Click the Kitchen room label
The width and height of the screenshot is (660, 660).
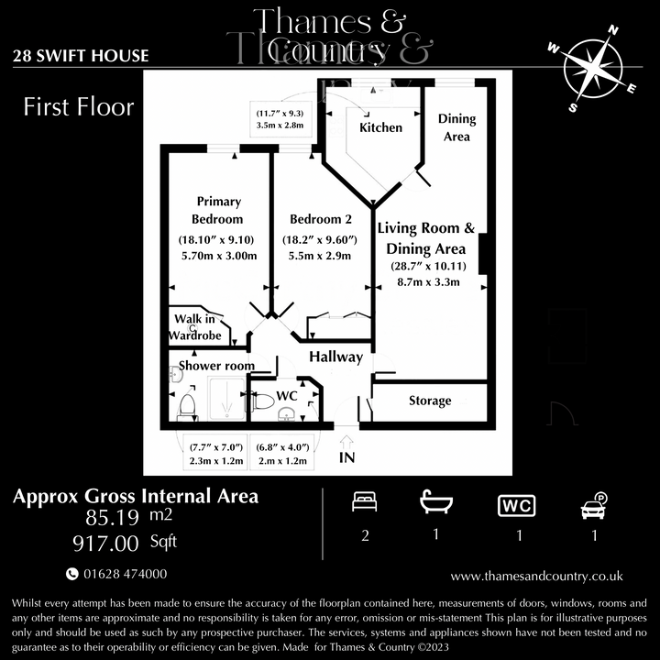tap(380, 127)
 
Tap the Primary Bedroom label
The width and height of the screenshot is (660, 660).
tap(217, 210)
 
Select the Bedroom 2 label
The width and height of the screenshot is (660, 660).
tap(321, 219)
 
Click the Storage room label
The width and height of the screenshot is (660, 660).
tap(430, 401)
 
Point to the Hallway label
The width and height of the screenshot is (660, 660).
tap(335, 357)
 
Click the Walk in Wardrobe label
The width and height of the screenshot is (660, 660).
tap(195, 327)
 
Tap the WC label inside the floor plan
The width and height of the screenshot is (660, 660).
tap(287, 395)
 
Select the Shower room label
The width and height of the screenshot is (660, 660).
tap(216, 366)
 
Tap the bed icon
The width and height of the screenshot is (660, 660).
tap(365, 503)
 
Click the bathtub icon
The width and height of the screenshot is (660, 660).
tap(435, 503)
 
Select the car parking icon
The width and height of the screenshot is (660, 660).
tap(594, 504)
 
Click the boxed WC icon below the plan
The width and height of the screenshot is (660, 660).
tap(517, 505)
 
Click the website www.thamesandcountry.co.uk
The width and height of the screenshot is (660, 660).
tap(537, 576)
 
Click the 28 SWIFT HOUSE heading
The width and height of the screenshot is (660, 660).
tap(81, 56)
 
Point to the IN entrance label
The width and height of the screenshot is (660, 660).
tap(347, 456)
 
